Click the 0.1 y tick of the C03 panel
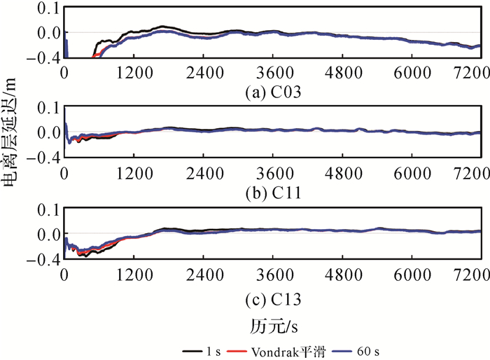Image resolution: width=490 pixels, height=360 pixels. [x=47, y=8]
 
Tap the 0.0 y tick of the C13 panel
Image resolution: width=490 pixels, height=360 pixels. [x=47, y=234]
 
